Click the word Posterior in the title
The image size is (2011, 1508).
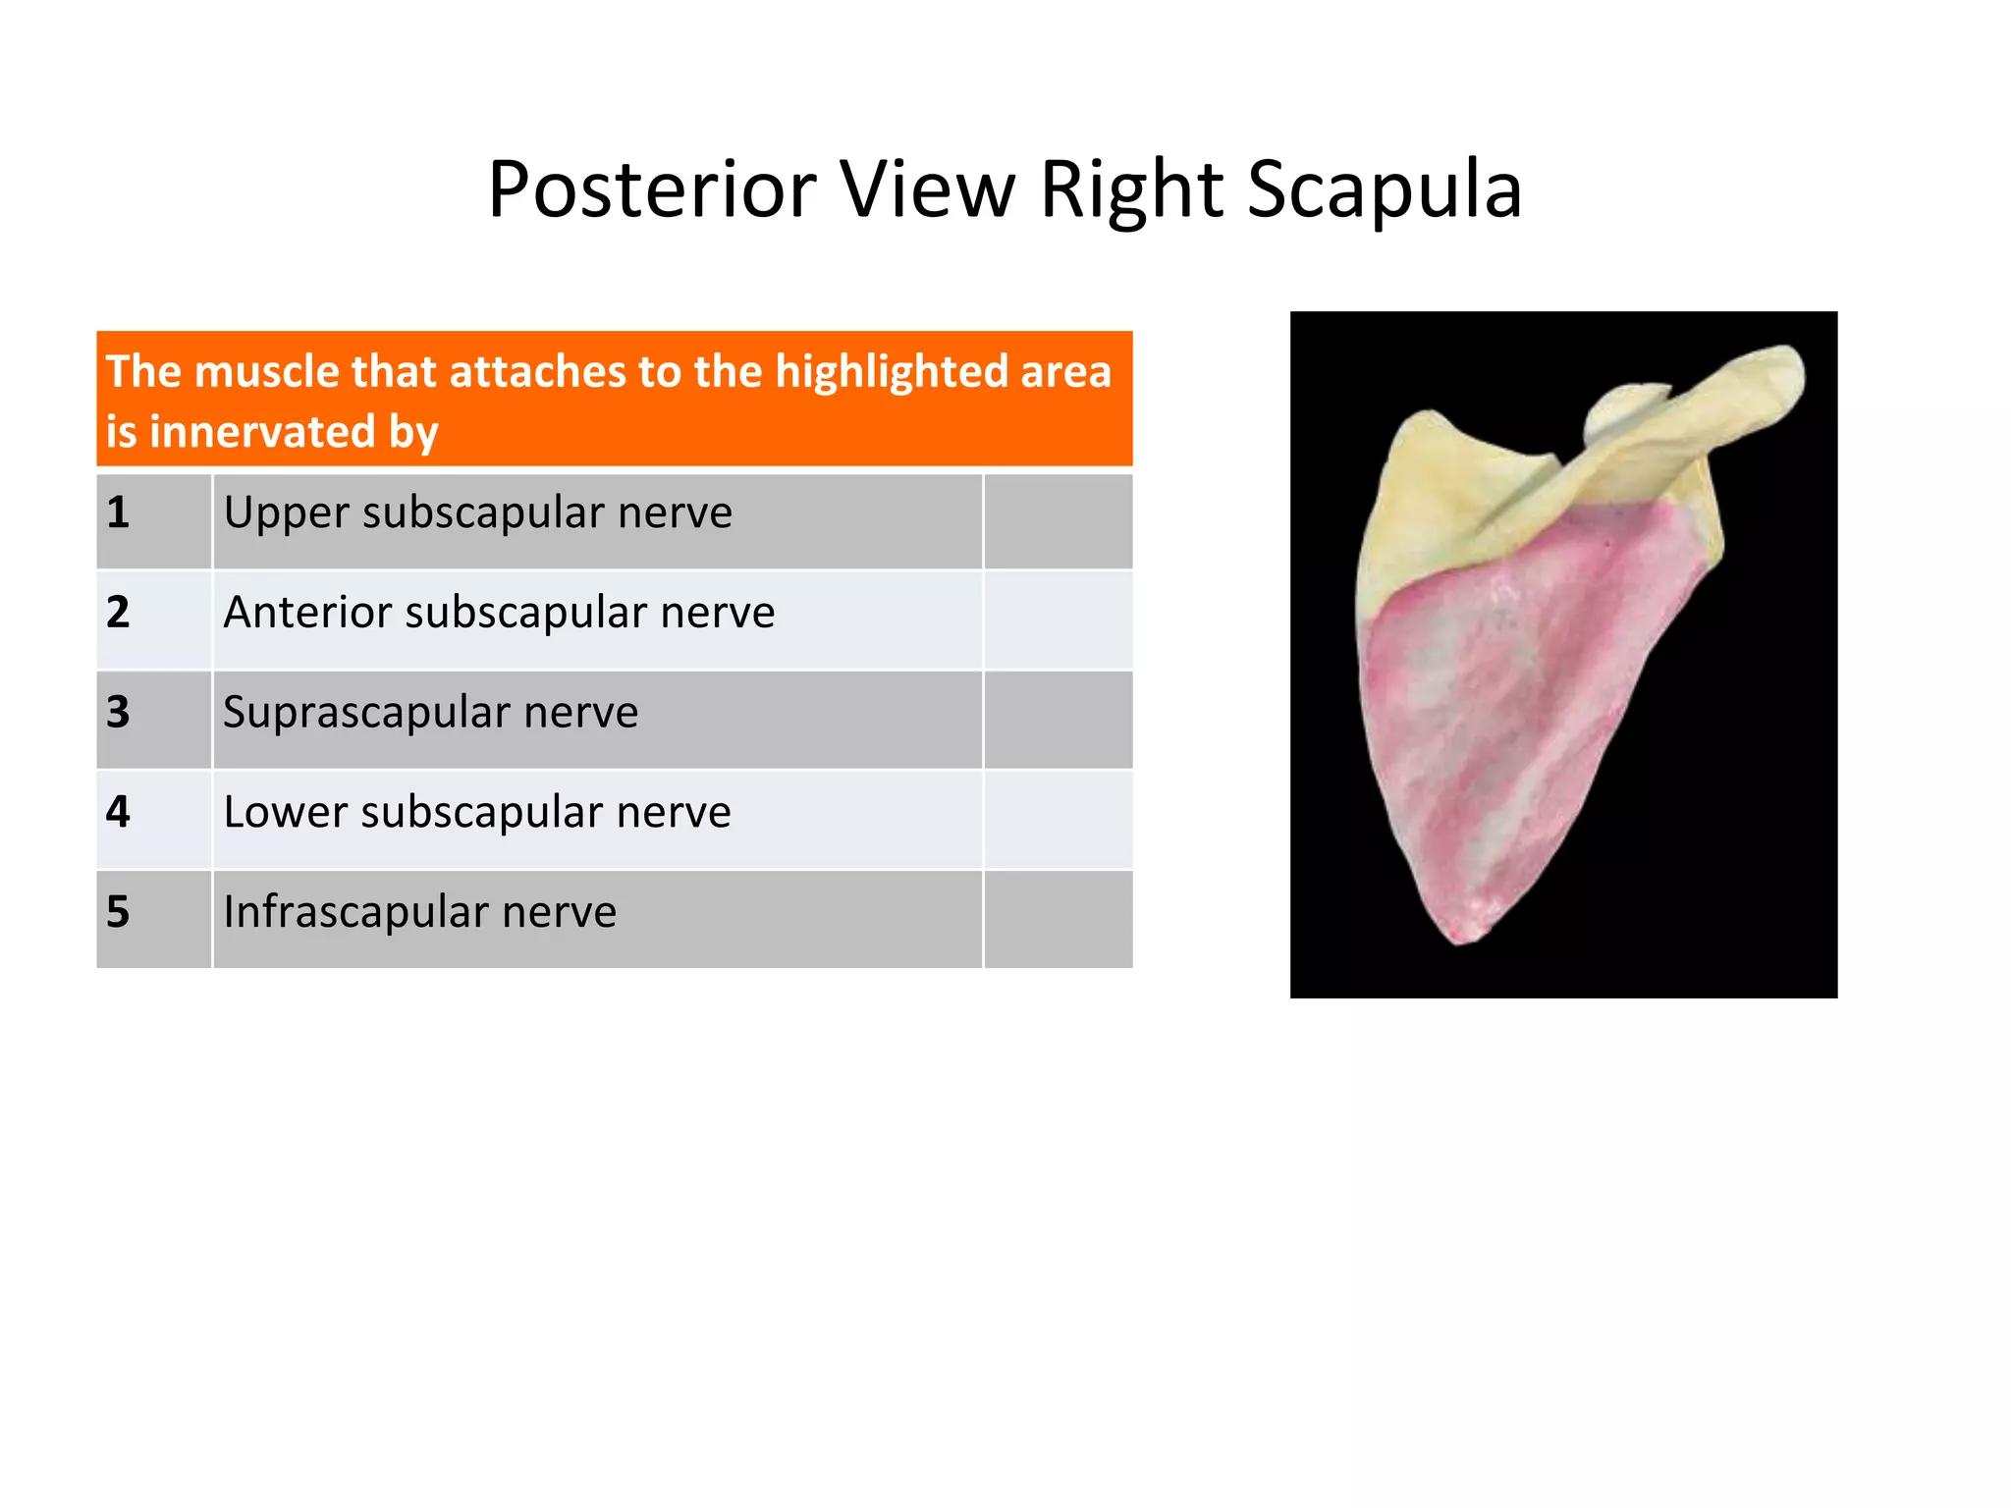click(652, 189)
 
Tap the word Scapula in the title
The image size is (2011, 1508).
click(1385, 189)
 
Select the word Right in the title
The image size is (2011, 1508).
click(1131, 189)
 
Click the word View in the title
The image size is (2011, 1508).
click(929, 189)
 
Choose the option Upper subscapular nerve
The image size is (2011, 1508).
click(477, 513)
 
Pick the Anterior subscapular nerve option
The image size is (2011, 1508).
click(499, 614)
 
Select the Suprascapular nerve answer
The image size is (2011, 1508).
click(430, 713)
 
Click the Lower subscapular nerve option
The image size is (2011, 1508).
click(477, 813)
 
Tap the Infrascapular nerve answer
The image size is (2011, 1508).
click(419, 913)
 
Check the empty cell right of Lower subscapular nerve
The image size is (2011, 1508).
click(1058, 820)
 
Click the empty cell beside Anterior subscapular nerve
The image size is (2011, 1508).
click(1058, 620)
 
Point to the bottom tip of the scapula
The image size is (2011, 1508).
click(1462, 938)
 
